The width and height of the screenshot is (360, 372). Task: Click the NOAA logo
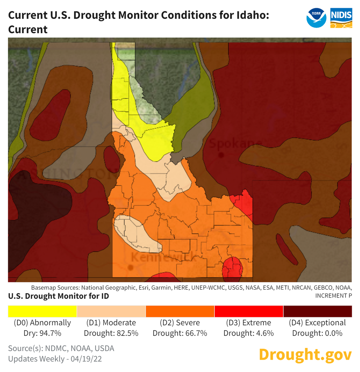pos(316,18)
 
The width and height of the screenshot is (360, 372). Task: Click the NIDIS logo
pos(341,18)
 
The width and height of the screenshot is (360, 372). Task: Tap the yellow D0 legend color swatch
pos(42,311)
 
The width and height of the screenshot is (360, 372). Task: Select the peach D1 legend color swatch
pos(111,311)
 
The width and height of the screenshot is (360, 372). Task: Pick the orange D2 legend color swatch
pos(180,311)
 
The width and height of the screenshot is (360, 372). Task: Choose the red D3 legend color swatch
pos(249,311)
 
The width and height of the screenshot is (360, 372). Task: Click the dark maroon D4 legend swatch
pos(318,311)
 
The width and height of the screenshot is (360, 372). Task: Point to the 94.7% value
pos(51,333)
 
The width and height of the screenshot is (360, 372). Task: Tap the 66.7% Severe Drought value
pos(196,333)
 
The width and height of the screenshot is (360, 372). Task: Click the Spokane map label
pos(235,144)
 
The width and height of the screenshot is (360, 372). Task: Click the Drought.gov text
pos(305,354)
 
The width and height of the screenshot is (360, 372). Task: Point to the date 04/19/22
pos(86,359)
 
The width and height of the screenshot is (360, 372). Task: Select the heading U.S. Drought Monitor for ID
pos(58,296)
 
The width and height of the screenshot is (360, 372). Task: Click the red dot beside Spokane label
pos(221,155)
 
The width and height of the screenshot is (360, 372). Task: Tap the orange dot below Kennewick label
pos(130,268)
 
